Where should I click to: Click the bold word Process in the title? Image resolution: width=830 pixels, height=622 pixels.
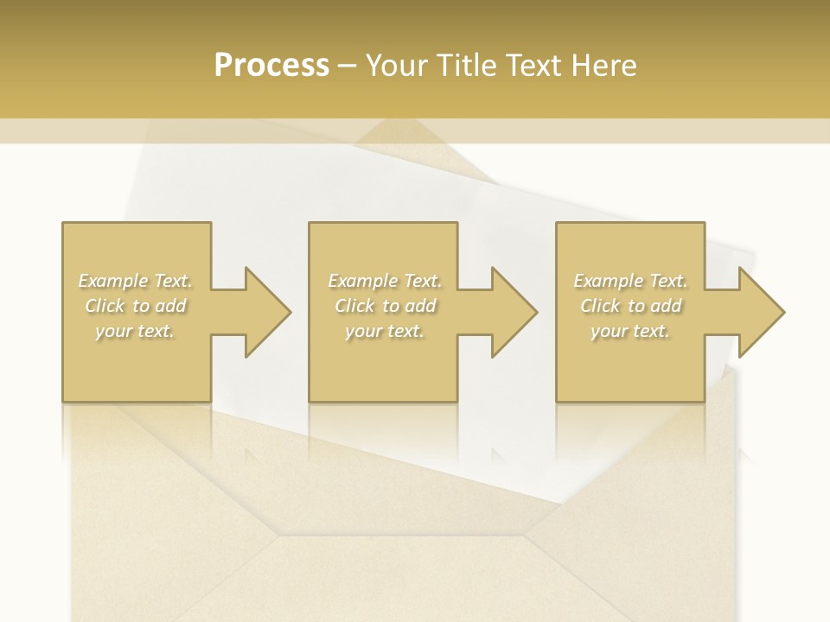tap(271, 66)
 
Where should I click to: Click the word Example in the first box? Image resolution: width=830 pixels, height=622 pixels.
tap(113, 281)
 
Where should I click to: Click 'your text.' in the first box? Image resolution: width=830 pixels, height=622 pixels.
tap(135, 331)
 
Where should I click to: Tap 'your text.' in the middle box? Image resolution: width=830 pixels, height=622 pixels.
tap(385, 331)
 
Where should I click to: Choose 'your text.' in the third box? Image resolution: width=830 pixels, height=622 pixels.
tap(630, 331)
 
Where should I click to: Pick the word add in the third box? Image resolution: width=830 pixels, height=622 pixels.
tap(667, 306)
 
